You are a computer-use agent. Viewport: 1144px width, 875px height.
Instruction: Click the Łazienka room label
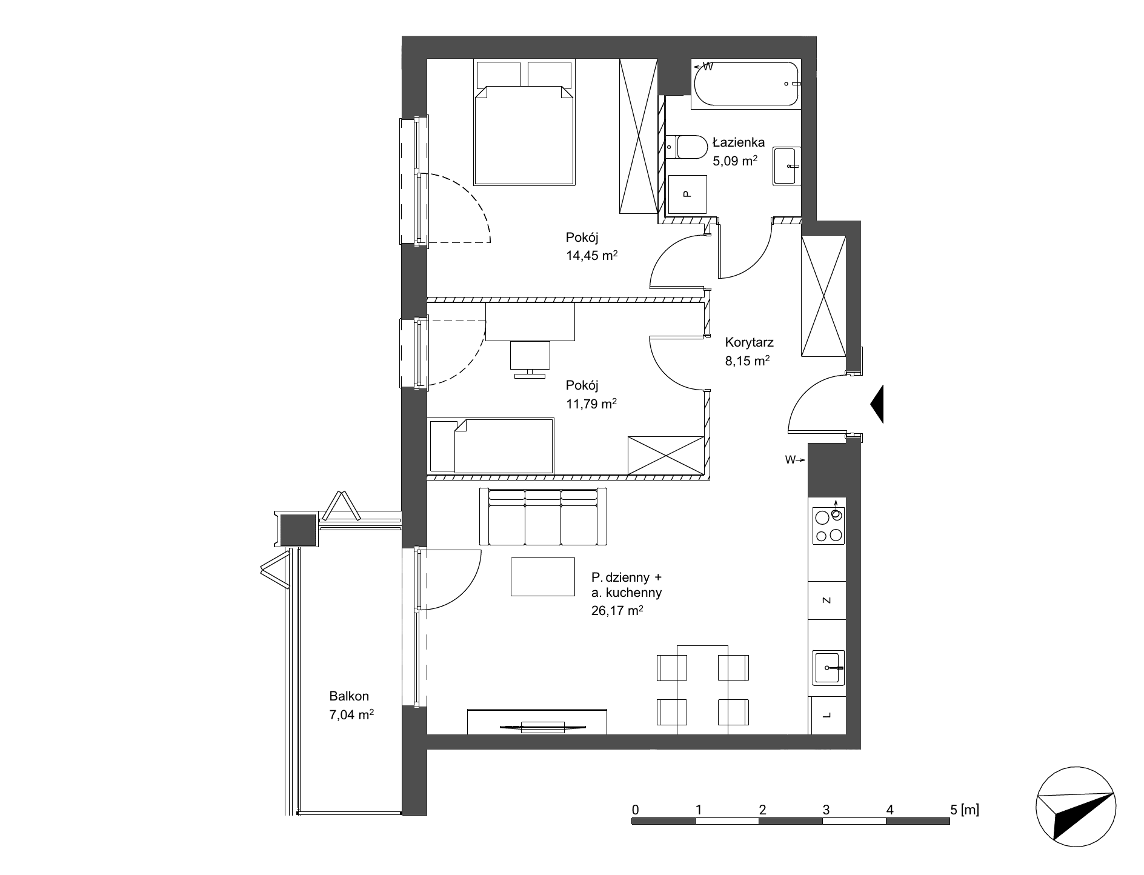739,143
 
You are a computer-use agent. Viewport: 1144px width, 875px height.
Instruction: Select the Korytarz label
749,342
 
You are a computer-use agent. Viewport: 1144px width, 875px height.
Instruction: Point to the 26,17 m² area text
617,611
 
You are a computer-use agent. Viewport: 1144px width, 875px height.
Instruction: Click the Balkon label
349,696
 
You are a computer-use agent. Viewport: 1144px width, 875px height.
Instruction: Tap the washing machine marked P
687,195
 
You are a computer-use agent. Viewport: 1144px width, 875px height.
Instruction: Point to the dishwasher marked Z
827,601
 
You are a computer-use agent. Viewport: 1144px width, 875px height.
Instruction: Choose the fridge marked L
828,715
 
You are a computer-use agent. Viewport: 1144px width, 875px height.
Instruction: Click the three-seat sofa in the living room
543,516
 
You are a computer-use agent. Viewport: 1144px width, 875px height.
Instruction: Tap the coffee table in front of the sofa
543,577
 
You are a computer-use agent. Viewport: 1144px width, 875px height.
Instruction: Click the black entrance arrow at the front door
877,404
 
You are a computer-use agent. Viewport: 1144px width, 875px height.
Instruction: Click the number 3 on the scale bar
826,810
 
